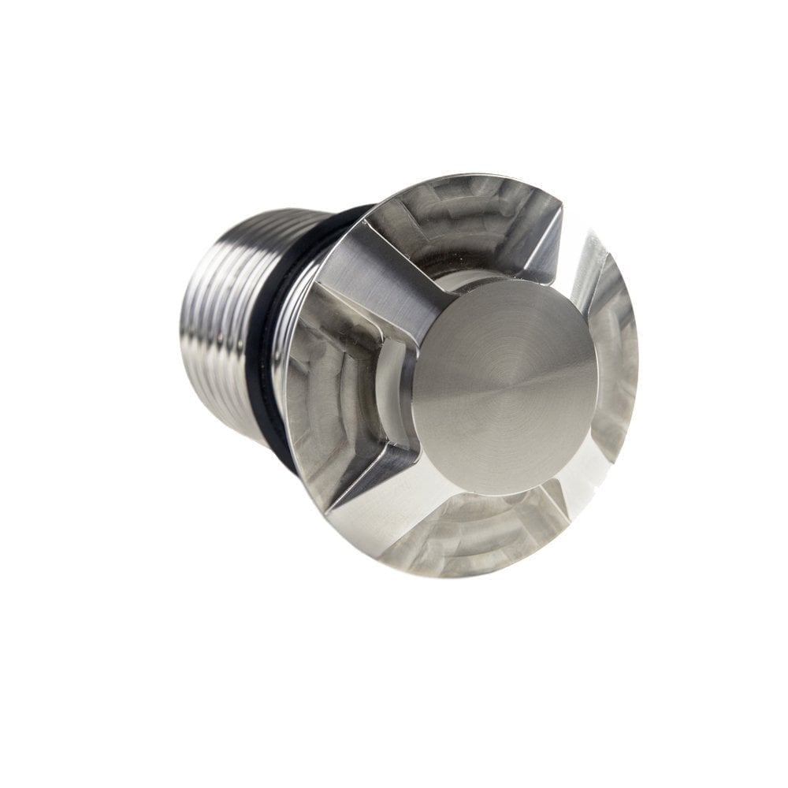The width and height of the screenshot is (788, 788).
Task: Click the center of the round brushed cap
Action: coord(504,386)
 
